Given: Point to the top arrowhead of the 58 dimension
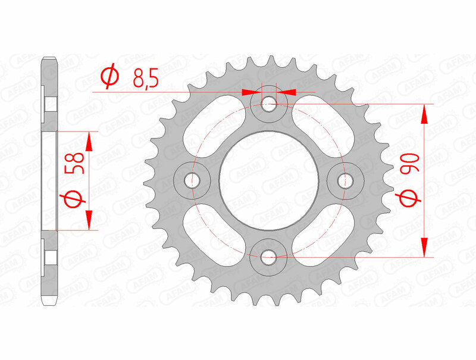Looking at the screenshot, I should [x=89, y=140].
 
